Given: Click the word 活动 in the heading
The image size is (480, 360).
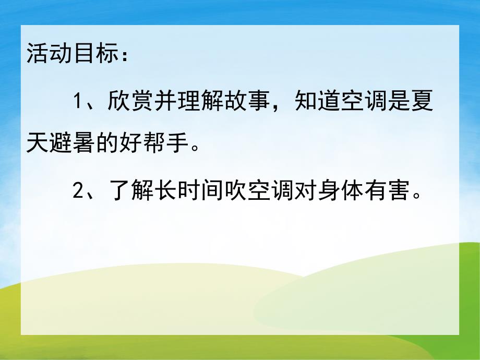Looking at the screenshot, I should point(49,54).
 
